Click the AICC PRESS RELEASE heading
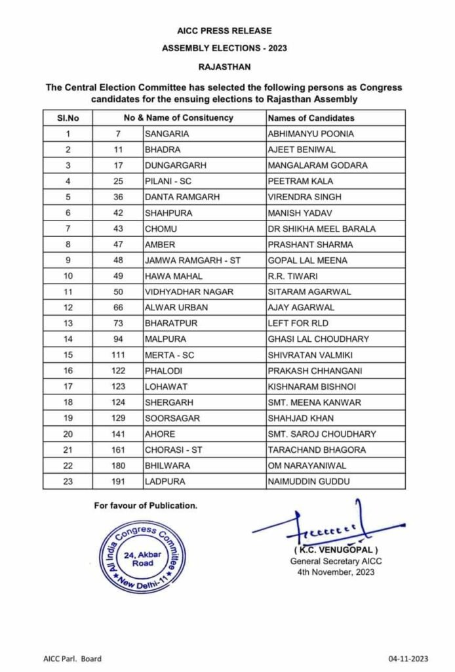point(224,31)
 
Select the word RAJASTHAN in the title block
point(224,66)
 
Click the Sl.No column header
point(68,118)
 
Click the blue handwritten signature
point(328,525)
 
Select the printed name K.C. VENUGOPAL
point(336,549)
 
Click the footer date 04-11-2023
point(410,659)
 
